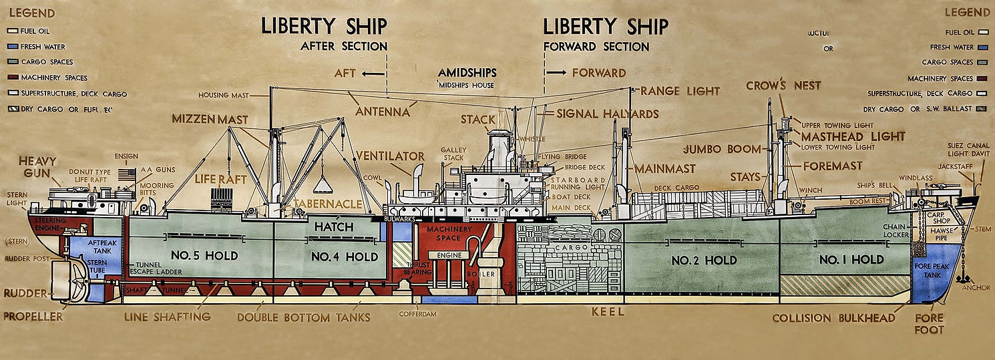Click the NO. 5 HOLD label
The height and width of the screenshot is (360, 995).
click(204, 256)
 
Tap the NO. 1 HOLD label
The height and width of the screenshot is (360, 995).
click(851, 259)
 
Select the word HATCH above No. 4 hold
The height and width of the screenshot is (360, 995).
click(333, 227)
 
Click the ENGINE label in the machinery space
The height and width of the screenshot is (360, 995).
click(449, 255)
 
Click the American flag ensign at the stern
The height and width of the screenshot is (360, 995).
click(127, 175)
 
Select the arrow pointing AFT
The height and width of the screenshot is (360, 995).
click(374, 72)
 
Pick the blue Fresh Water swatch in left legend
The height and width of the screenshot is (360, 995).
click(11, 47)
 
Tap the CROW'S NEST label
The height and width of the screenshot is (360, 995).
click(783, 85)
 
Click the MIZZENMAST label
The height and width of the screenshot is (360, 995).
click(210, 120)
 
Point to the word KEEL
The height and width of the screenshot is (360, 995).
click(608, 312)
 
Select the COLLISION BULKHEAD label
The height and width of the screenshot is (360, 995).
click(833, 319)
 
